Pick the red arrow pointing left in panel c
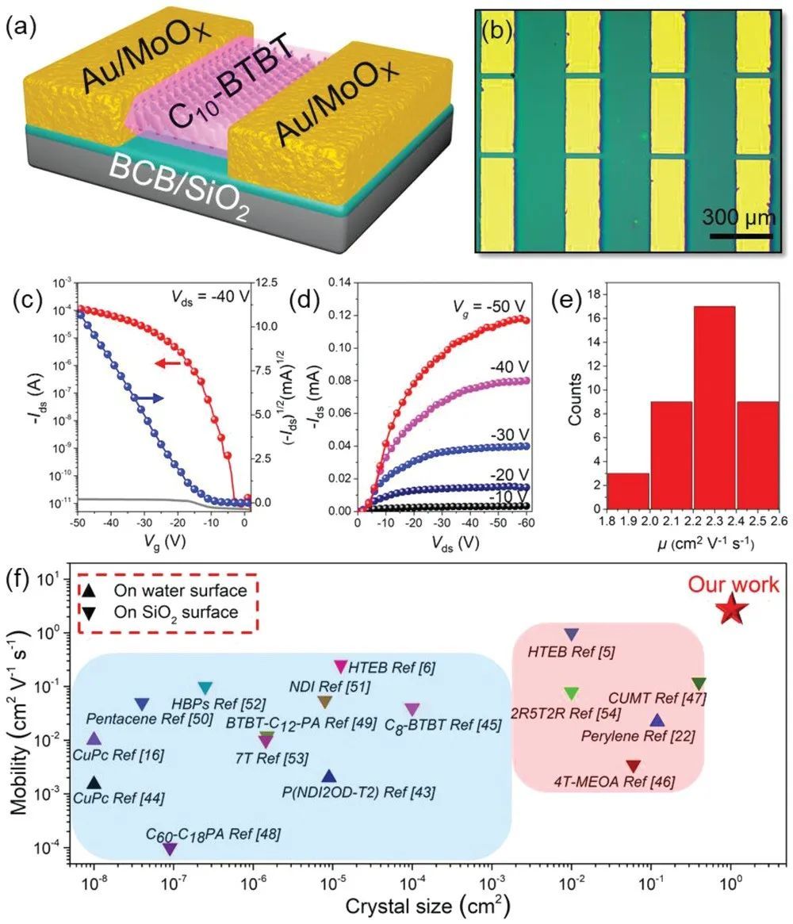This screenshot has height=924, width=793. click(x=170, y=363)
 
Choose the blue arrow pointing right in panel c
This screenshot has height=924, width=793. click(x=149, y=397)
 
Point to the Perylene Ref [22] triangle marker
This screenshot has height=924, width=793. click(x=657, y=720)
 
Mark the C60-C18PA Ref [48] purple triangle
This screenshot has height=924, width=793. click(x=170, y=849)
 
